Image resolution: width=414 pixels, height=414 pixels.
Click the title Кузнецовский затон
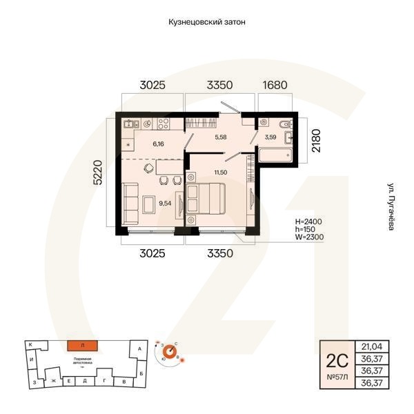[207, 22]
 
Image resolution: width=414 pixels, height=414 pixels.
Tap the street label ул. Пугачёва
[391, 205]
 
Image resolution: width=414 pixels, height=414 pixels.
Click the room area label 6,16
[158, 144]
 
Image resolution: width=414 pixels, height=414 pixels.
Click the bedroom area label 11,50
[221, 172]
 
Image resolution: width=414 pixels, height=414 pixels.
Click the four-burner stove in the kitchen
[164, 124]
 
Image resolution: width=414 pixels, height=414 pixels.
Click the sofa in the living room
[130, 200]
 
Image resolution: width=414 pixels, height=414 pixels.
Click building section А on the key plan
[140, 350]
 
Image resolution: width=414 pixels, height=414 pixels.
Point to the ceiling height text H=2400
[308, 221]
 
